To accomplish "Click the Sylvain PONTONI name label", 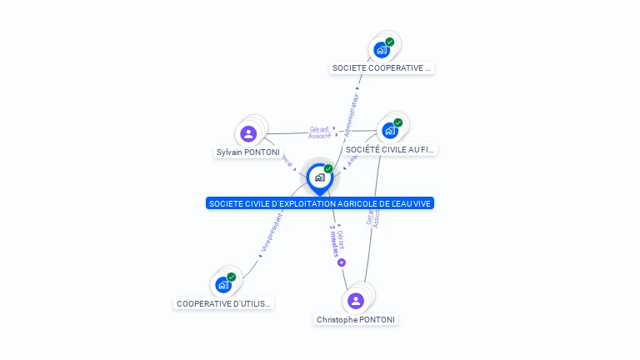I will tap(248, 152).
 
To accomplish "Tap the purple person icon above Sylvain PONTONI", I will tap(248, 133).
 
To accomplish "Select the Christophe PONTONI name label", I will tap(356, 320).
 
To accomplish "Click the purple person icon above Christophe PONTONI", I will tap(356, 300).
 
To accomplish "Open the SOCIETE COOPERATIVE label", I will tap(382, 68).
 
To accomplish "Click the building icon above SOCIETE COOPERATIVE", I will tap(382, 50).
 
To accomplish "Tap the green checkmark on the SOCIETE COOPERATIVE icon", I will tap(390, 42).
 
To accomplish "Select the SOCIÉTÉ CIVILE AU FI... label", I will tap(390, 150).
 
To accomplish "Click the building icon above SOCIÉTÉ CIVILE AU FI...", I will tap(389, 131).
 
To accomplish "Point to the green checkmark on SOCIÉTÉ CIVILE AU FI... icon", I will tap(398, 122).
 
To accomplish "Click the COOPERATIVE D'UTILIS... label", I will tap(224, 304).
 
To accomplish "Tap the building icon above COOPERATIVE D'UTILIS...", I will tap(222, 285).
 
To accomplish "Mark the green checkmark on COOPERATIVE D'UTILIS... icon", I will tap(232, 277).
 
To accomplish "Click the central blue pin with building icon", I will tap(319, 177).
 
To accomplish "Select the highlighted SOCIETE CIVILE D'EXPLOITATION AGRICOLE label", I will tap(320, 203).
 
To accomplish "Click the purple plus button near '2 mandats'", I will tap(342, 262).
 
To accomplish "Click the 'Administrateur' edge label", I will tap(351, 109).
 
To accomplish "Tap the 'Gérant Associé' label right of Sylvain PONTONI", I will tap(320, 132).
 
